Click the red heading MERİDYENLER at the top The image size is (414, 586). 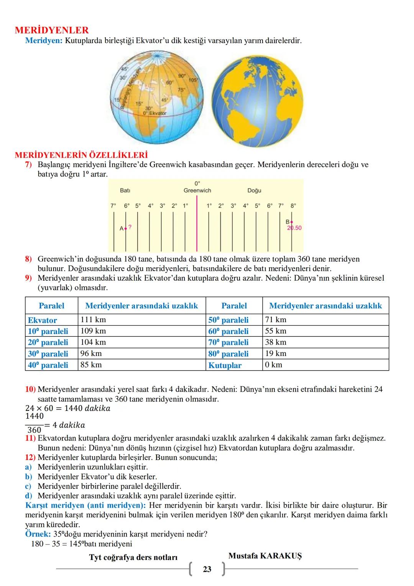click(x=52, y=30)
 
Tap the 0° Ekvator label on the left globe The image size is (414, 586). click(x=154, y=113)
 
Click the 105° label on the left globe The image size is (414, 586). click(x=193, y=80)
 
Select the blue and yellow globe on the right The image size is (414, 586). click(x=257, y=101)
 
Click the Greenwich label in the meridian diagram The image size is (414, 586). click(x=197, y=190)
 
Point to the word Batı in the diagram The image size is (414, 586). click(x=125, y=190)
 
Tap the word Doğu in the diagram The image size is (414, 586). click(x=254, y=190)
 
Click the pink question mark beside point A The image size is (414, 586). click(x=130, y=227)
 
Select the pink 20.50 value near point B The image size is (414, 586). click(x=294, y=228)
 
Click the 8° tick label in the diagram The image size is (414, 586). click(x=293, y=206)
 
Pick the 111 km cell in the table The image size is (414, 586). click(x=93, y=320)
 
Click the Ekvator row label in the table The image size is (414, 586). click(x=42, y=320)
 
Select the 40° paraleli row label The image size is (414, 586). click(x=48, y=365)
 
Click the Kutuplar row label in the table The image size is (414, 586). click(x=225, y=365)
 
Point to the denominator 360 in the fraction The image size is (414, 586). click(x=34, y=430)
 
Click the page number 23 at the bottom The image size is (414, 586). click(x=207, y=569)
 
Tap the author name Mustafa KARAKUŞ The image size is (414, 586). click(x=265, y=556)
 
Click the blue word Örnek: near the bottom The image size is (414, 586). click(x=38, y=534)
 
